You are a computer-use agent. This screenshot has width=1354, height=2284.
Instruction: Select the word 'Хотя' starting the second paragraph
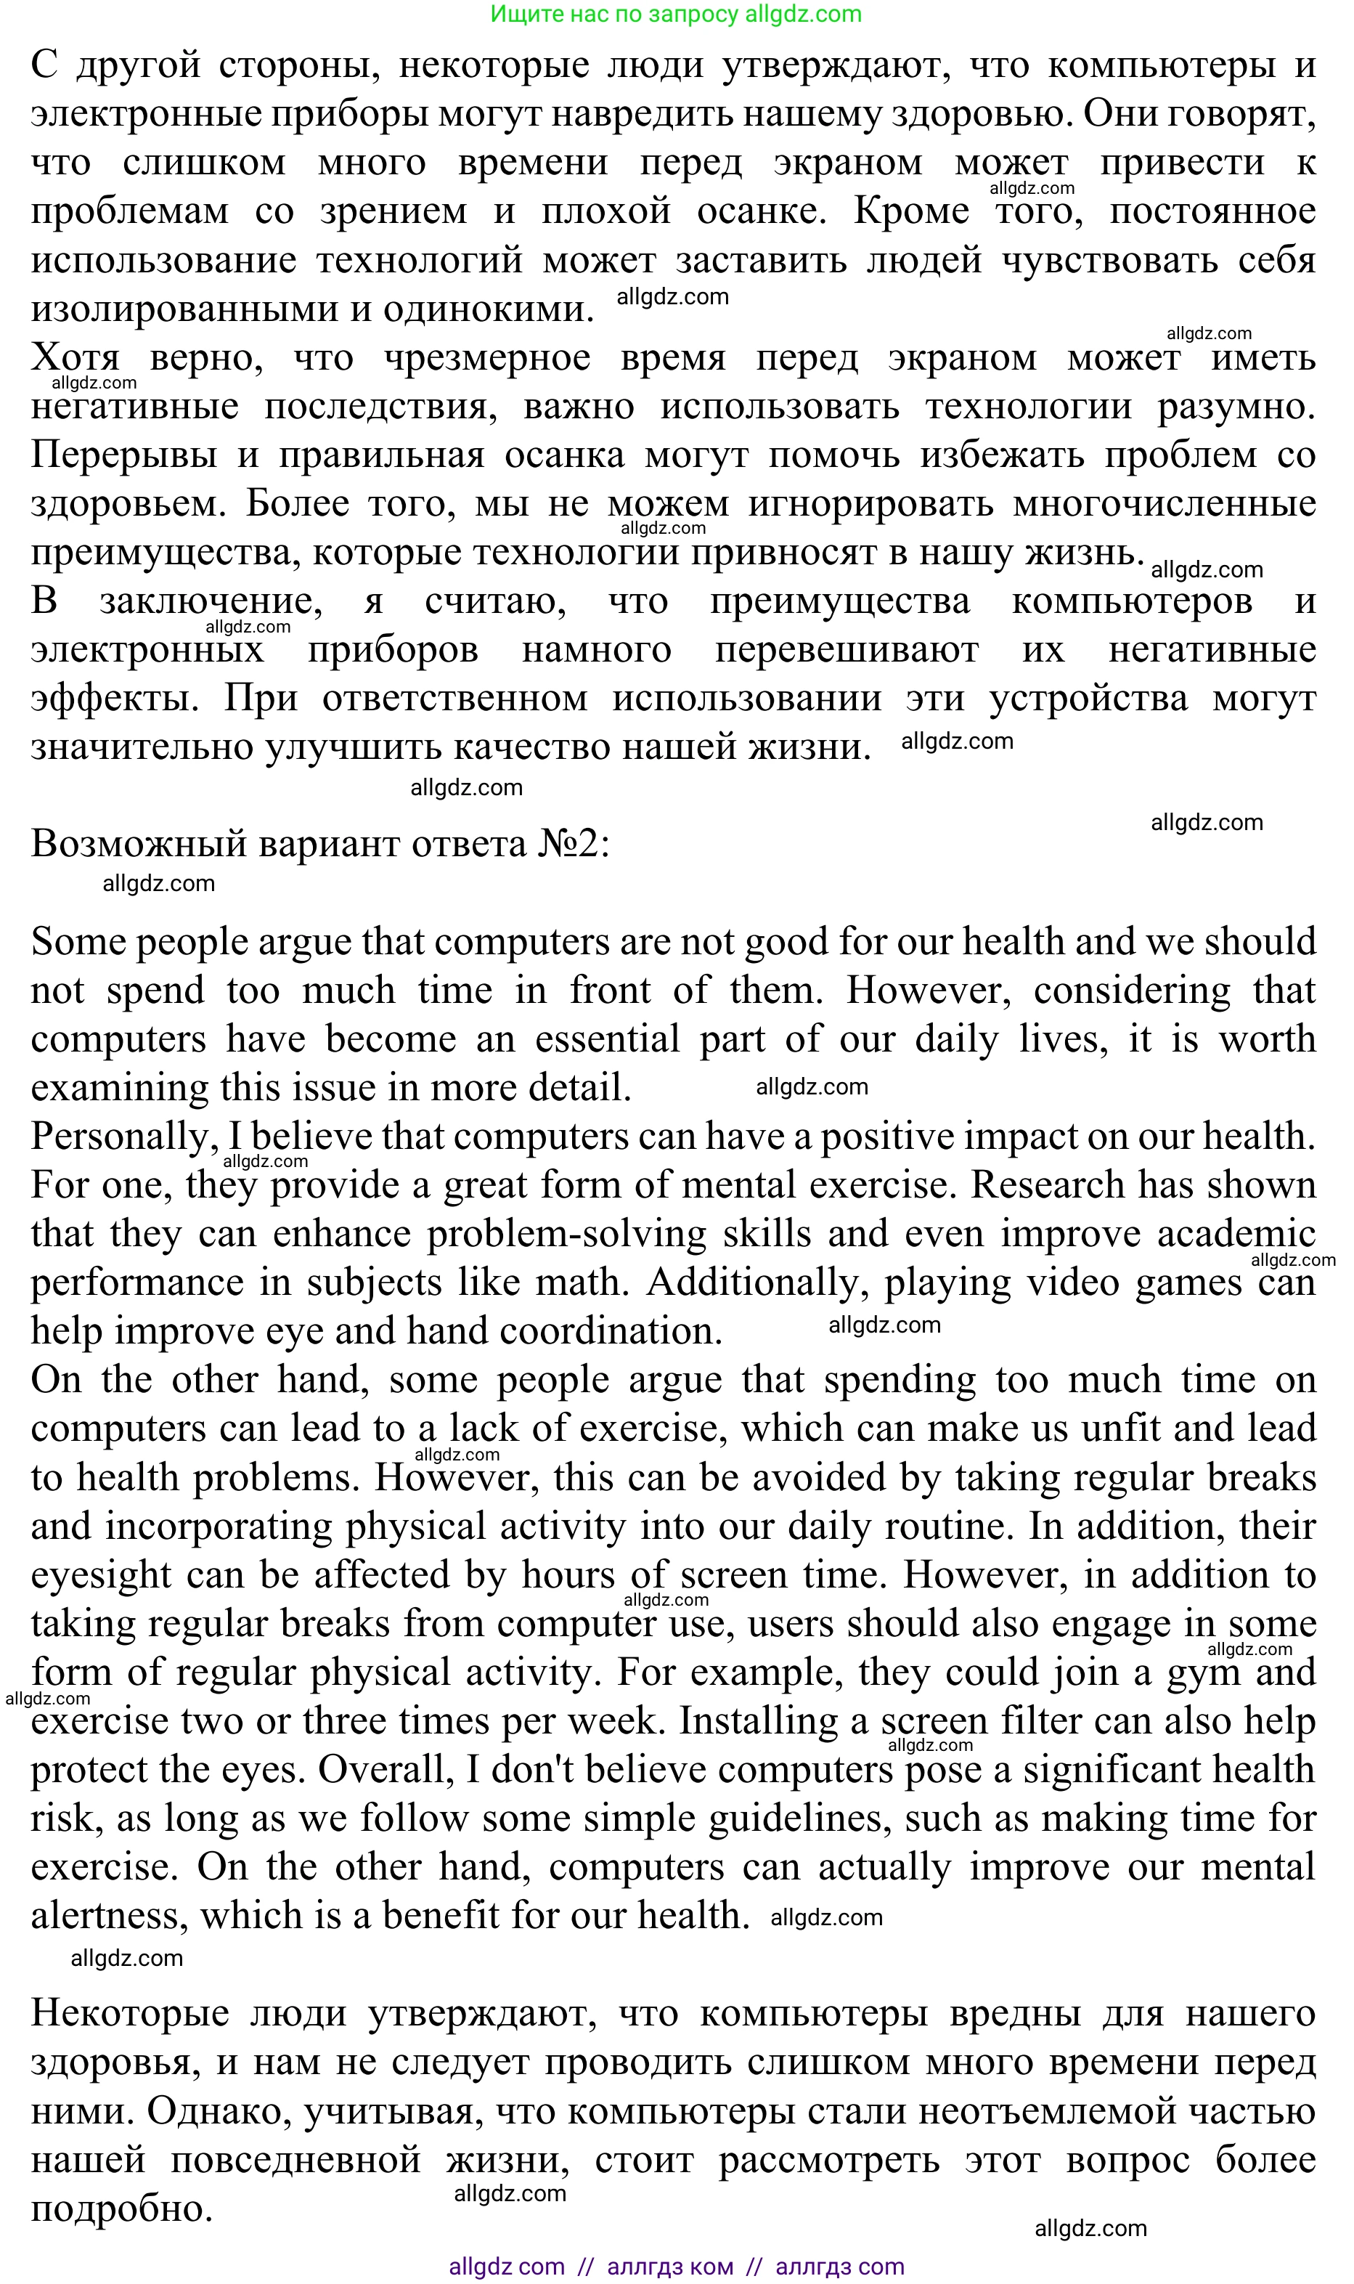[x=75, y=358]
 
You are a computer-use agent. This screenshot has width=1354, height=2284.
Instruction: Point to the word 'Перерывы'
[x=124, y=455]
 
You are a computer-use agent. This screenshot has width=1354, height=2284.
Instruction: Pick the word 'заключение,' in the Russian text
[x=211, y=601]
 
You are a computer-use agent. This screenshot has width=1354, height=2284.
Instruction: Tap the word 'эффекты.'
[x=115, y=699]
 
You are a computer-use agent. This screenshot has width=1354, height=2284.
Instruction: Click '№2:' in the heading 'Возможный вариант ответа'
[x=573, y=844]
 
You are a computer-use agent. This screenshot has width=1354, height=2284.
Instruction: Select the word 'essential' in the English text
[x=607, y=1039]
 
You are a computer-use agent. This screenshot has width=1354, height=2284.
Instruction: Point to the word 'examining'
[x=120, y=1089]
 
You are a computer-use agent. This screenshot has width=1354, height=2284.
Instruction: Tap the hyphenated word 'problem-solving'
[x=566, y=1235]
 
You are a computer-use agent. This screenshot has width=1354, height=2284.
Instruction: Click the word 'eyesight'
[x=100, y=1575]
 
